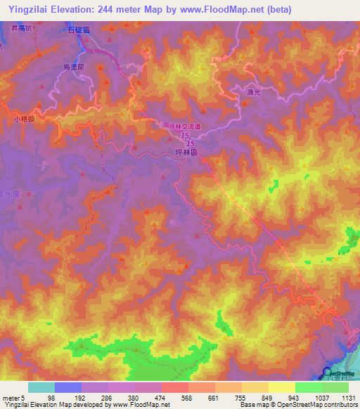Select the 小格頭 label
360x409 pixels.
(23, 119)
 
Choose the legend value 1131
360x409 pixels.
(347, 397)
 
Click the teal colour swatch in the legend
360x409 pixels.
(41, 387)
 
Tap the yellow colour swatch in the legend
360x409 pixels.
(281, 387)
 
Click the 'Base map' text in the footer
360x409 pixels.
(252, 405)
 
